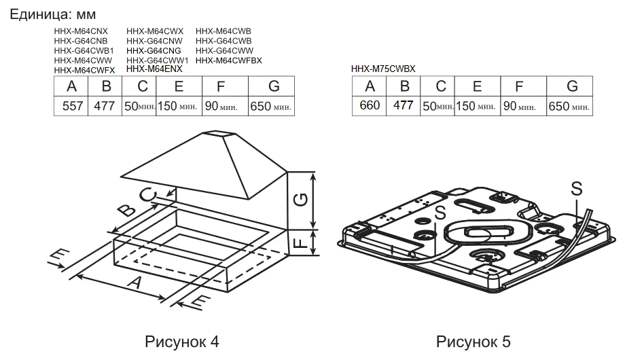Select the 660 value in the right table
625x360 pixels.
point(370,106)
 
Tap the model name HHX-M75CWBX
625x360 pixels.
point(383,69)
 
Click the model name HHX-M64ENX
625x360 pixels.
point(154,69)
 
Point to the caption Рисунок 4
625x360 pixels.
point(182,340)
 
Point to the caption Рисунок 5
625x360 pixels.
point(473,340)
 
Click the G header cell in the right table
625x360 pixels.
point(571,86)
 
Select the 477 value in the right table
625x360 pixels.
point(404,106)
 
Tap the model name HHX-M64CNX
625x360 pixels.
point(80,31)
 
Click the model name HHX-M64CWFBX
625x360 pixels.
point(228,60)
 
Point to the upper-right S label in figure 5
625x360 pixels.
point(576,189)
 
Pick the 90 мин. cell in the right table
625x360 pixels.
point(519,107)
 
